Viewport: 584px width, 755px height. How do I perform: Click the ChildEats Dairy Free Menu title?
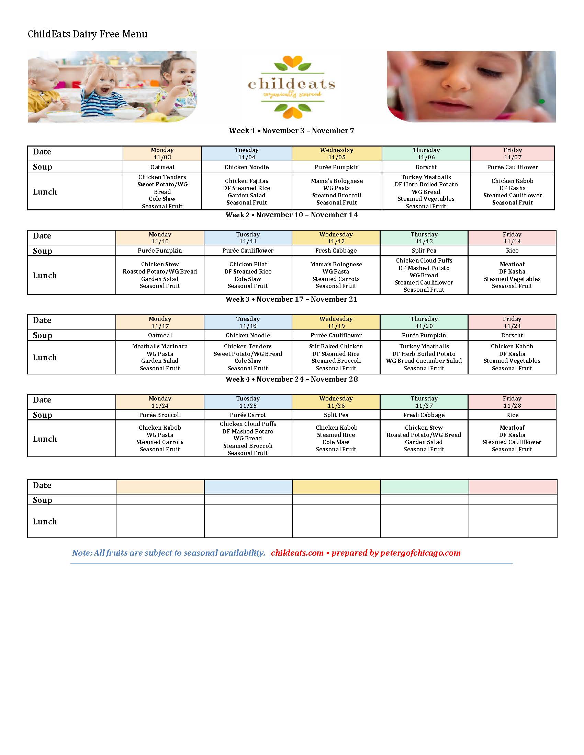tap(88, 34)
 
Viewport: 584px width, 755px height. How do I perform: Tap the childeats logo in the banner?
tap(292, 87)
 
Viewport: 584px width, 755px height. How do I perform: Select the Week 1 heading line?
tap(292, 131)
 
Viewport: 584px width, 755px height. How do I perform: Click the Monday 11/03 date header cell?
tap(162, 153)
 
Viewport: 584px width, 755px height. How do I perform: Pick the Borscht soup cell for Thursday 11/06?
tap(426, 167)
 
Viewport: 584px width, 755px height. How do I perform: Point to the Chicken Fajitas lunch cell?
tap(246, 191)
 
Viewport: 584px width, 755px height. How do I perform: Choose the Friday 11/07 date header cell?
tap(513, 153)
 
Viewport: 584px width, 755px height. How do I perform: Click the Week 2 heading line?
tap(292, 215)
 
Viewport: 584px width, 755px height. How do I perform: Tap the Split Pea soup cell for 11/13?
tap(424, 251)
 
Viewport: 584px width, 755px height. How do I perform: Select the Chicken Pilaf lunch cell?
tap(248, 275)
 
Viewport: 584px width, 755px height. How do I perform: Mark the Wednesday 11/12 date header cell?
tap(336, 238)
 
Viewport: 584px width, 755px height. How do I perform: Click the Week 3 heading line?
tap(292, 299)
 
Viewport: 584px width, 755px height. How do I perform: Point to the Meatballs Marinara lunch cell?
tap(160, 357)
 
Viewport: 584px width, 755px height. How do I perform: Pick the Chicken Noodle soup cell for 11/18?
tap(248, 335)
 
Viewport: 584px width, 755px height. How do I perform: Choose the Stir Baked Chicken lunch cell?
tap(336, 357)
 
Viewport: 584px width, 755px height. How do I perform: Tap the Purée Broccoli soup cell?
tap(160, 415)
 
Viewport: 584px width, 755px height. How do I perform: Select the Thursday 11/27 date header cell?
tap(424, 402)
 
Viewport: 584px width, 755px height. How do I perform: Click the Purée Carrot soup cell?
tap(248, 415)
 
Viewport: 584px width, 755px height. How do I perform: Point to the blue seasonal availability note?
tap(168, 553)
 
